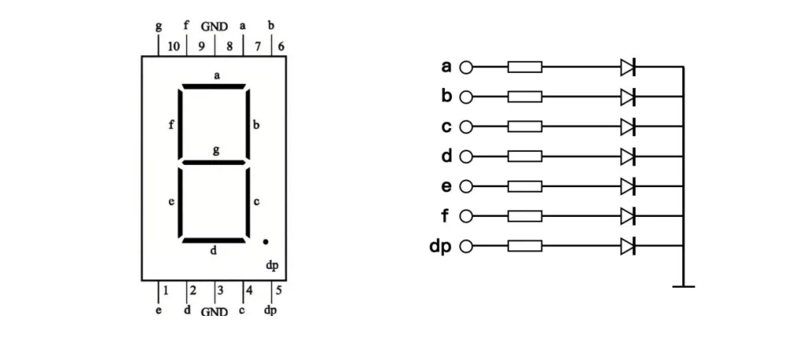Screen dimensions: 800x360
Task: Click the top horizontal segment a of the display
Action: point(214,86)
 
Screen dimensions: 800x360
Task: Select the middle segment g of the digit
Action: point(214,162)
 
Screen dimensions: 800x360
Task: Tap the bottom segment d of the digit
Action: point(214,240)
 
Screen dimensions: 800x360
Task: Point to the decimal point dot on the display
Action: point(266,242)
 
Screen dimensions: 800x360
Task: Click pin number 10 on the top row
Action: point(174,46)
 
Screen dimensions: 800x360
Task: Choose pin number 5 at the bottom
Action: point(278,290)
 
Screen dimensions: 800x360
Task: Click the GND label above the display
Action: point(214,26)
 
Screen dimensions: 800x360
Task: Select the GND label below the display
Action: point(214,311)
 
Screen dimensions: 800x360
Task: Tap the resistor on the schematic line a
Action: point(525,66)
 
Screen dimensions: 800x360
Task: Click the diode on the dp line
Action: point(627,246)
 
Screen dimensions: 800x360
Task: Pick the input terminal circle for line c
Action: point(466,126)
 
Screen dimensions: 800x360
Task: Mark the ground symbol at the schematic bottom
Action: point(683,286)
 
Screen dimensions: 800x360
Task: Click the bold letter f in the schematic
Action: point(445,216)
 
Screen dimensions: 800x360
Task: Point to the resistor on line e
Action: point(525,186)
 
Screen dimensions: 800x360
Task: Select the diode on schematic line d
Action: point(627,157)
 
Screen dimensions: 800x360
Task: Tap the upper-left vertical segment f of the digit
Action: point(179,125)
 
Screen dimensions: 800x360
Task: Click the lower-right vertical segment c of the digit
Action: point(248,202)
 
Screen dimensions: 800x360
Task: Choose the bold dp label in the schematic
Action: point(440,246)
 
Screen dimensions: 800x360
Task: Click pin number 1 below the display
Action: point(166,290)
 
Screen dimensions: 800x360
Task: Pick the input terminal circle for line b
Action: point(466,97)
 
